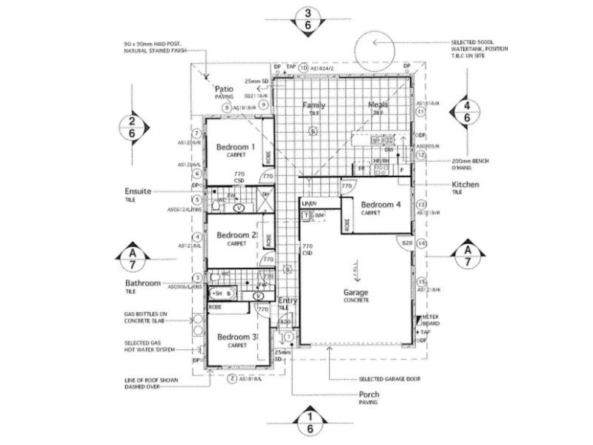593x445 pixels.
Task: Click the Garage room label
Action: pyautogui.click(x=355, y=292)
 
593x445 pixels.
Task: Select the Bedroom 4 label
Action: pyautogui.click(x=381, y=204)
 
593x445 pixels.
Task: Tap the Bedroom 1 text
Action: pyautogui.click(x=236, y=148)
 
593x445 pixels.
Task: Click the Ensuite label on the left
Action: pyautogui.click(x=138, y=191)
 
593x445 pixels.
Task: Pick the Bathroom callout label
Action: pyautogui.click(x=142, y=283)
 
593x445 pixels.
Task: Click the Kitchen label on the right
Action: pyautogui.click(x=466, y=183)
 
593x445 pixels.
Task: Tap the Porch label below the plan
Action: pyautogui.click(x=369, y=395)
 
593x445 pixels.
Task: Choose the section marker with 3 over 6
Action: pyautogui.click(x=308, y=18)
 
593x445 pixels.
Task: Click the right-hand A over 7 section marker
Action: pyautogui.click(x=466, y=256)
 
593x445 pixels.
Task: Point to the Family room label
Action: pyautogui.click(x=314, y=105)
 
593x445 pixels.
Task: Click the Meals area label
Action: pyautogui.click(x=378, y=105)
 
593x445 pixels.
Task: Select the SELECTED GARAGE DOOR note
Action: pyautogui.click(x=389, y=378)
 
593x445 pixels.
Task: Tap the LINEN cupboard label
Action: pyautogui.click(x=310, y=202)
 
